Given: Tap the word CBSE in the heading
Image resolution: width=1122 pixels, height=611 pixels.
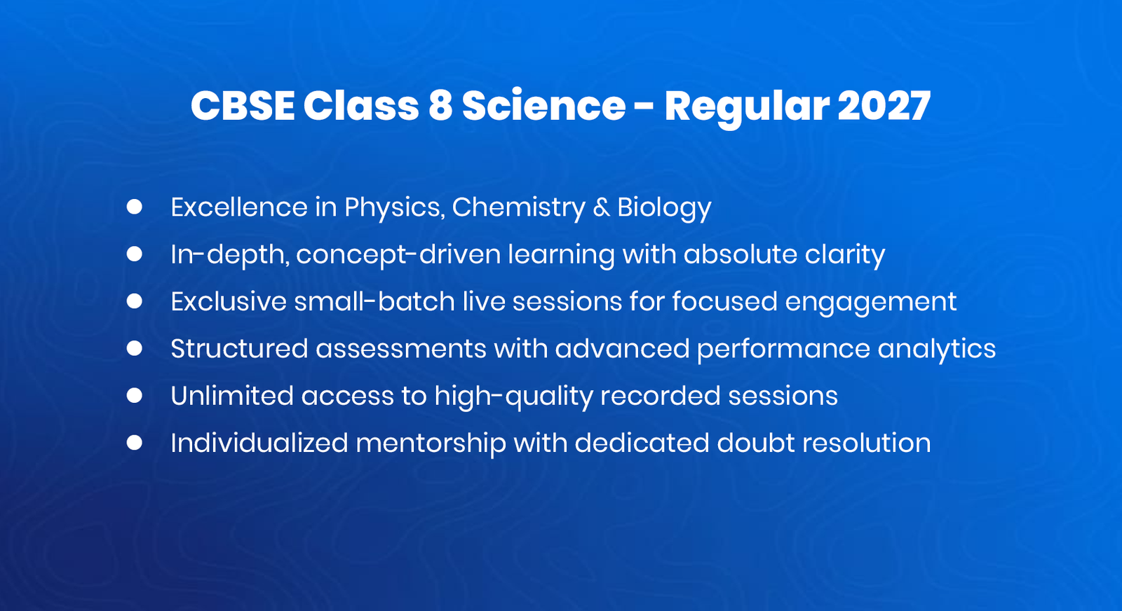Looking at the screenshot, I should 243,107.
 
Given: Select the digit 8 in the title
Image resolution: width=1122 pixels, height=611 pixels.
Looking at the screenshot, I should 440,107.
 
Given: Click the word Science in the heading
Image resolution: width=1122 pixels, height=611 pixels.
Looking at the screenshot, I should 543,107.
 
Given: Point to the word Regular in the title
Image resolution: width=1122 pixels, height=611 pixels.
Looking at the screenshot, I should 746,107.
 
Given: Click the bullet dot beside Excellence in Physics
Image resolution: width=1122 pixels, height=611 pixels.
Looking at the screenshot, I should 135,207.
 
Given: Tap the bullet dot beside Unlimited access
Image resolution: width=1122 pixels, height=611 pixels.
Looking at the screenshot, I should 135,395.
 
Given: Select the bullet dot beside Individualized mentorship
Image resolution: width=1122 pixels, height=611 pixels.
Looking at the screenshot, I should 135,443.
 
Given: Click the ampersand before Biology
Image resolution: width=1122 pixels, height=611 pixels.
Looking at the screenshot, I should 601,208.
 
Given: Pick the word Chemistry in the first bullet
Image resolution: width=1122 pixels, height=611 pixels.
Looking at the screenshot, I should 518,208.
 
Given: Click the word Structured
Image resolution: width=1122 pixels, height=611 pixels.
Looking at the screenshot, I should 239,349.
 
